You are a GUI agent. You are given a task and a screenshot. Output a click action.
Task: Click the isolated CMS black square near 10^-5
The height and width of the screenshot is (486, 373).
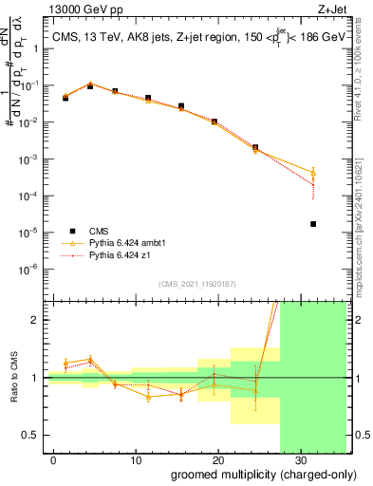click(313, 224)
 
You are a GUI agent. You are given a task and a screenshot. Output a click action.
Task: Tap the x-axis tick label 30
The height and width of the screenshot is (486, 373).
click(300, 459)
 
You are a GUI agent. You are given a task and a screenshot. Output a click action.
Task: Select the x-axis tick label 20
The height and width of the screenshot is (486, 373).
click(217, 459)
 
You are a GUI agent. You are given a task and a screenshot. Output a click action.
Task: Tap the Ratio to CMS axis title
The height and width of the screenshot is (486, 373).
click(13, 378)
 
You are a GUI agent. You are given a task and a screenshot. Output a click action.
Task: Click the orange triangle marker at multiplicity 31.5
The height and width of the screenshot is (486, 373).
click(313, 173)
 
